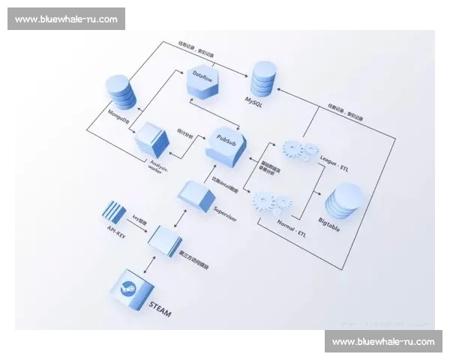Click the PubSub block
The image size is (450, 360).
click(x=226, y=143)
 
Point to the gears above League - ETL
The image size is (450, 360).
click(x=300, y=150)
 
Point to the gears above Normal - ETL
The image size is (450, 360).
click(x=271, y=203)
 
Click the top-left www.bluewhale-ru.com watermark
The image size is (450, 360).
click(x=66, y=19)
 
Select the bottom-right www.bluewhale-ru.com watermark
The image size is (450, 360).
click(x=383, y=341)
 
